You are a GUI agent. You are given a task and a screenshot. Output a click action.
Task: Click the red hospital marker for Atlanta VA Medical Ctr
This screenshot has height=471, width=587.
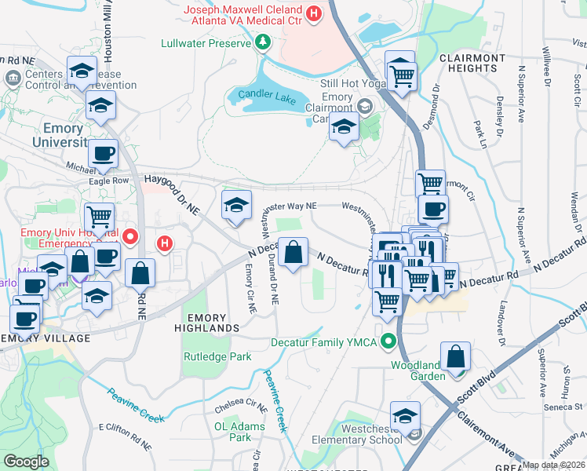(314, 13)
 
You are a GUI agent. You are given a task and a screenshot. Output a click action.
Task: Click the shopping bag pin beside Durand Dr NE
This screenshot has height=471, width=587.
(293, 253)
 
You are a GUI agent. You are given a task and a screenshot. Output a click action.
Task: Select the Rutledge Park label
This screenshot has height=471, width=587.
(217, 356)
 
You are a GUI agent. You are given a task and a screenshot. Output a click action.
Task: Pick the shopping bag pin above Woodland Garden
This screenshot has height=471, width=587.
(455, 356)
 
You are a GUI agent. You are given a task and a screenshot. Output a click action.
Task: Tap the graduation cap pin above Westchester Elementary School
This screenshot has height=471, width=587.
(405, 415)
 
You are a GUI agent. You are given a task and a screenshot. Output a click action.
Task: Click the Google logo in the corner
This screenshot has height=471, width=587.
(26, 461)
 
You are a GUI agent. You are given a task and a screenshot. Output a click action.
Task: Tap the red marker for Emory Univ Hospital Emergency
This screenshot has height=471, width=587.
(131, 235)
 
